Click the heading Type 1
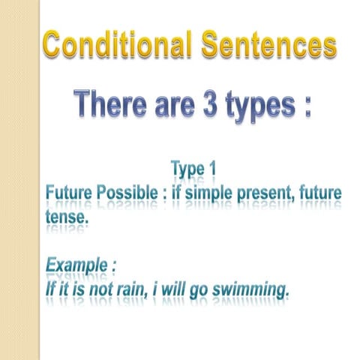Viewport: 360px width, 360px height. pyautogui.click(x=193, y=169)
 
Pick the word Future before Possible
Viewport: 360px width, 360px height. pyautogui.click(x=70, y=193)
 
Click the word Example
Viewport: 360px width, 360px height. pyautogui.click(x=76, y=265)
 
